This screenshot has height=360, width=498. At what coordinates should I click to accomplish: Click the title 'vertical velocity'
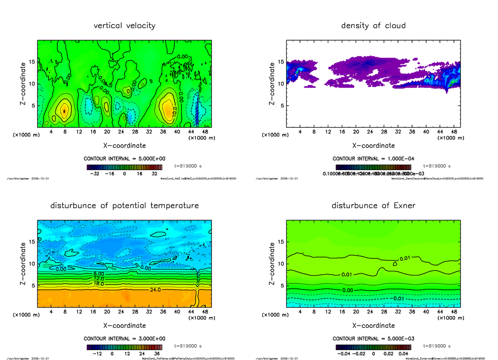[124, 26]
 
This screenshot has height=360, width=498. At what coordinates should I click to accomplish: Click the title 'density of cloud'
[373, 26]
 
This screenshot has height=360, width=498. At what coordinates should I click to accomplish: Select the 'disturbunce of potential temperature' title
[124, 206]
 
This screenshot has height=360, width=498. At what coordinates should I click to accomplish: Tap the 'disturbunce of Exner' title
[373, 206]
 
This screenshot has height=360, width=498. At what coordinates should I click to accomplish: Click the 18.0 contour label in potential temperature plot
[99, 284]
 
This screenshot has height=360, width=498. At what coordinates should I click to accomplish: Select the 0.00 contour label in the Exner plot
[347, 290]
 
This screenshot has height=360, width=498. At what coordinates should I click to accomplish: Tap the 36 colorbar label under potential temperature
[157, 354]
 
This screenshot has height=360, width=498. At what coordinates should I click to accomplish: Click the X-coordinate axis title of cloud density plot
[373, 146]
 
